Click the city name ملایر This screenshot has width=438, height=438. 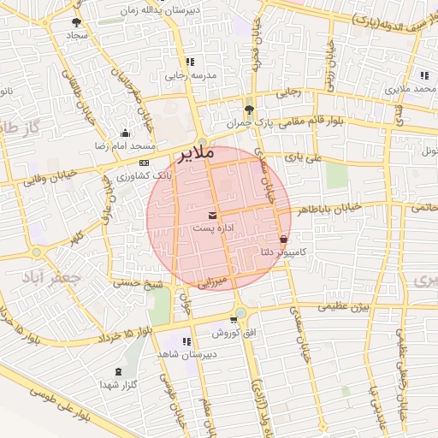[x=195, y=155]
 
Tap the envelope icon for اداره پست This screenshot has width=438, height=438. [x=212, y=214]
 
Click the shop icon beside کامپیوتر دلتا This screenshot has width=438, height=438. [x=284, y=239]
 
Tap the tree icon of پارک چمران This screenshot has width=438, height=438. [x=249, y=109]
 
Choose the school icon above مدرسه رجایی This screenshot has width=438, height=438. [x=189, y=62]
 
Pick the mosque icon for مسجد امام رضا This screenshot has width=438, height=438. [x=126, y=133]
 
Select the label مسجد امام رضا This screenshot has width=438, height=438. [x=121, y=146]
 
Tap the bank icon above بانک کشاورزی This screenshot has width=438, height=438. [x=144, y=162]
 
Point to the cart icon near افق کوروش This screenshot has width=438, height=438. [x=233, y=319]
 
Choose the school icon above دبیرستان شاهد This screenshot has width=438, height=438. [x=186, y=341]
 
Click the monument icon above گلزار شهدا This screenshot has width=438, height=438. [x=117, y=372]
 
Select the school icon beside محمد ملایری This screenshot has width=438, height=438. [x=424, y=75]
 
